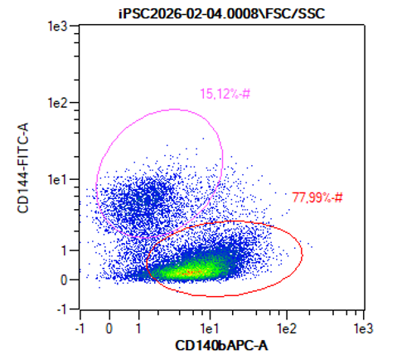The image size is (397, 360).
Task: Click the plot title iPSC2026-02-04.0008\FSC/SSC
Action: coord(222,13)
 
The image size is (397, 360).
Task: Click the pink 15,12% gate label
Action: coord(225,94)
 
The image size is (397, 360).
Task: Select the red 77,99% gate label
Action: coord(317,197)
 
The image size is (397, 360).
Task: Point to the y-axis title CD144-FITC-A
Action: coord(23,168)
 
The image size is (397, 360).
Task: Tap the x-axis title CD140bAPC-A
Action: coord(221,346)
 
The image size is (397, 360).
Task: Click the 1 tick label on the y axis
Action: coord(65,251)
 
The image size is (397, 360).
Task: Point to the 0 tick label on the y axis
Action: coord(64,280)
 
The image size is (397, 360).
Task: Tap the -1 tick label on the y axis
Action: coord(62,309)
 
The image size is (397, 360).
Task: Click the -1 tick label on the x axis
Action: coord(80,328)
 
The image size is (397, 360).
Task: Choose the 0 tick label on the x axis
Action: coord(109,328)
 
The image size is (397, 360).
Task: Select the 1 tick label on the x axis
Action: coord(138,328)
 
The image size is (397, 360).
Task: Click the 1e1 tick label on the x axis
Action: coord(210,328)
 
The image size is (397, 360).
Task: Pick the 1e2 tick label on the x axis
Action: coord(287,328)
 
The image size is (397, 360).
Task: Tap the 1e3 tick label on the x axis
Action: coord(363,328)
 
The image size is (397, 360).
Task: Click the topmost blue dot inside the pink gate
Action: coord(203,139)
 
